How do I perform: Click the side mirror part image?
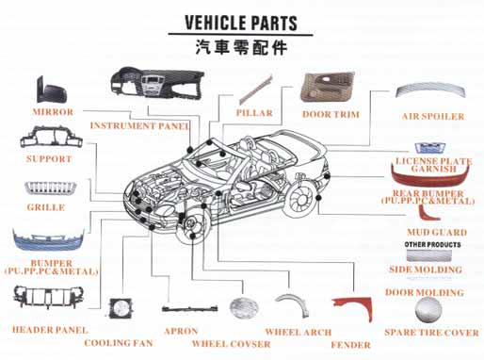click(51, 90)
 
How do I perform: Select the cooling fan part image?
click(121, 308)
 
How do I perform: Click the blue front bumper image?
click(49, 240)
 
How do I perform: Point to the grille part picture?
click(50, 188)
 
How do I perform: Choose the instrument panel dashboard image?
click(157, 82)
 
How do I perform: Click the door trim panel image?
click(328, 87)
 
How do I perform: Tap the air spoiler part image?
click(430, 90)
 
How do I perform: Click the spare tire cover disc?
click(428, 309)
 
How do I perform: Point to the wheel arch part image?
click(292, 303)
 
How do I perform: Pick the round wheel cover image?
click(244, 308)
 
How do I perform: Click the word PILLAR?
click(254, 113)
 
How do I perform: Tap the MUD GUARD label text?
click(437, 232)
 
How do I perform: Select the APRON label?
click(181, 331)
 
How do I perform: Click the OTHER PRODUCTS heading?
click(432, 244)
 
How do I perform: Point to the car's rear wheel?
click(300, 200)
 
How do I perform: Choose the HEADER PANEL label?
click(50, 330)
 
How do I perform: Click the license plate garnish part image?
click(429, 148)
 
